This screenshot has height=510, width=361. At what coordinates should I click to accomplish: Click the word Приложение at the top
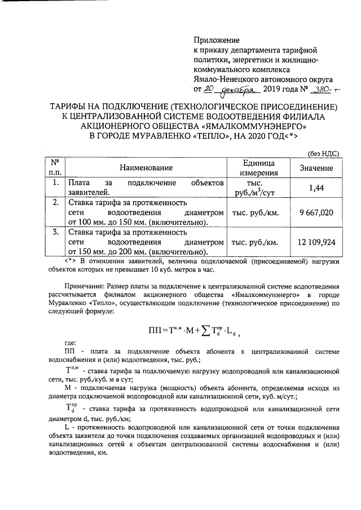tap(216, 41)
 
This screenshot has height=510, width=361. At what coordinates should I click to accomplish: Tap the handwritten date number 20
tap(209, 88)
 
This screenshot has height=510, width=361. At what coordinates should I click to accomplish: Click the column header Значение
tap(316, 167)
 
